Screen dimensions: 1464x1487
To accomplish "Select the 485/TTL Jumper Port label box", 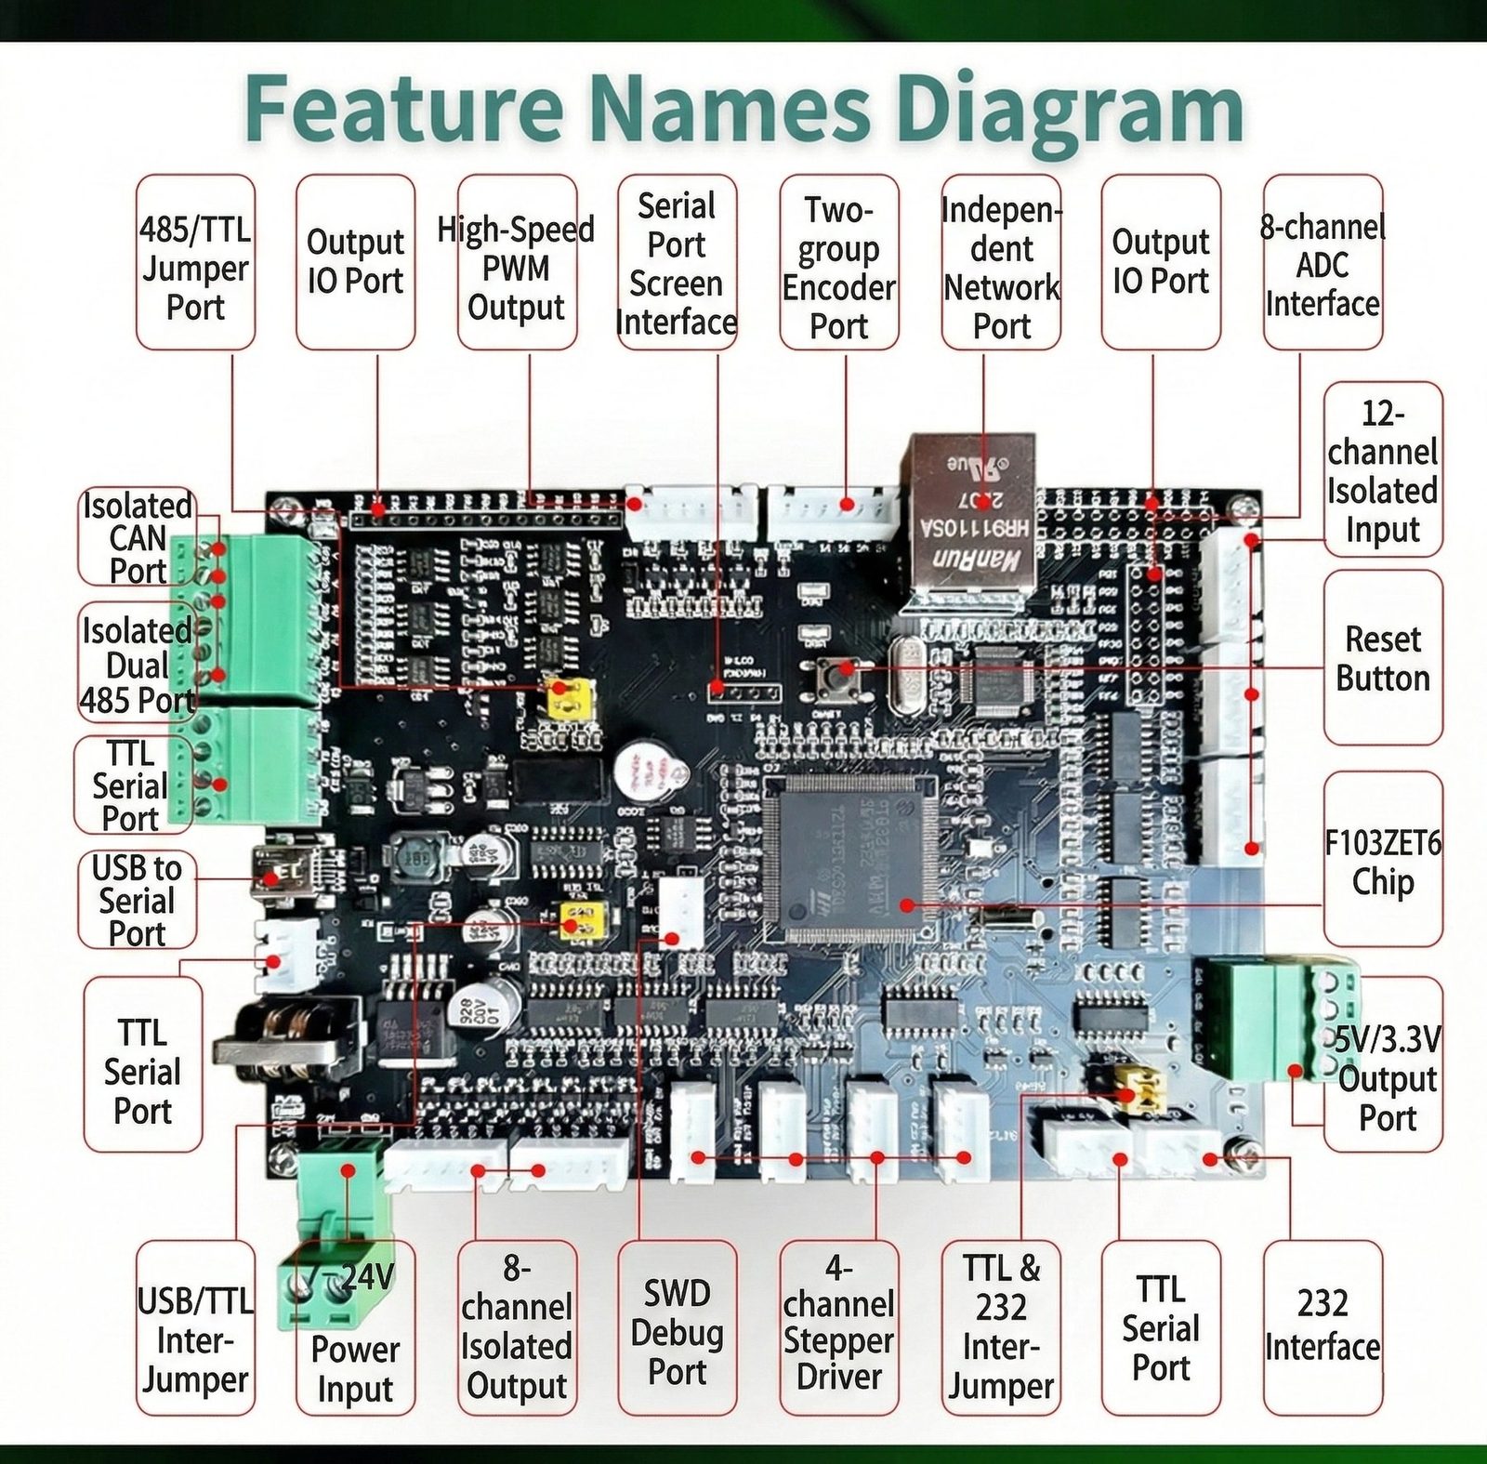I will (195, 263).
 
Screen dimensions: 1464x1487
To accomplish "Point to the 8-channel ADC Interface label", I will (1322, 263).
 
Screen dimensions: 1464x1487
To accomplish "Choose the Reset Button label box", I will (1383, 658).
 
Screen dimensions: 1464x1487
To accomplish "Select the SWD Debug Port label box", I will (677, 1329).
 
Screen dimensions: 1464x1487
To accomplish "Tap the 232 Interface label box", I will (1322, 1327).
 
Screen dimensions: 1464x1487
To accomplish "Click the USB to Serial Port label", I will (137, 900).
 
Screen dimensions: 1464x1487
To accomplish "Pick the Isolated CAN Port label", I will (138, 537).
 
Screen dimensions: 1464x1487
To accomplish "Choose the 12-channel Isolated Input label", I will (1383, 470).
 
